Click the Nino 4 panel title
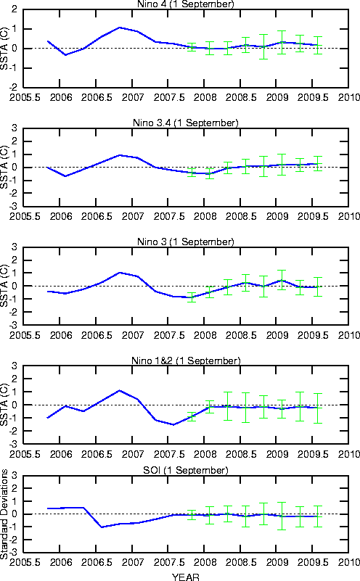click(x=185, y=4)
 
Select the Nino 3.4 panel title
click(x=185, y=123)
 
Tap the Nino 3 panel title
click(x=185, y=242)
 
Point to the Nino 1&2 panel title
click(x=186, y=360)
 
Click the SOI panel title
click(x=185, y=470)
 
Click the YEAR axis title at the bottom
click(x=185, y=577)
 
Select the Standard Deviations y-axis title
click(x=4, y=514)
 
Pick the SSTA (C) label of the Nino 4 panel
click(x=4, y=49)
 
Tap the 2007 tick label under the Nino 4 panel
click(x=132, y=97)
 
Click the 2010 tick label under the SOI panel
click(x=348, y=562)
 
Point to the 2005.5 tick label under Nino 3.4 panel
click(x=25, y=216)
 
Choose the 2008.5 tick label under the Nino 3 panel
click(x=241, y=335)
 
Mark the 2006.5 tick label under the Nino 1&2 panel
click(x=97, y=454)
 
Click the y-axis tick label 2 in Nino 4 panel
click(x=15, y=9)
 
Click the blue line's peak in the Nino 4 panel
click(x=120, y=28)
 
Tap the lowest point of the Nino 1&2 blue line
click(x=173, y=424)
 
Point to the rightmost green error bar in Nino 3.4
click(x=318, y=163)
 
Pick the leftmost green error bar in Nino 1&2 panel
click(x=192, y=417)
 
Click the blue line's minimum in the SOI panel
click(x=102, y=527)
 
